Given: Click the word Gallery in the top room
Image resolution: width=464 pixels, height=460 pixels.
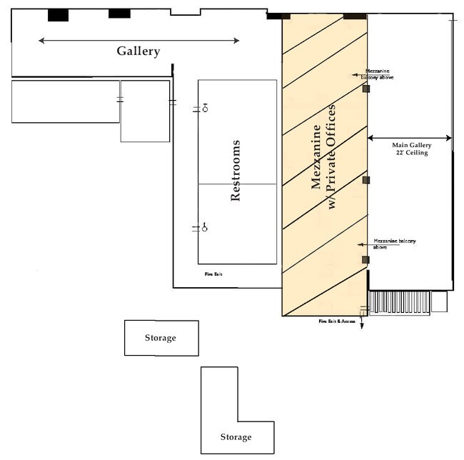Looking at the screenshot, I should (138, 51).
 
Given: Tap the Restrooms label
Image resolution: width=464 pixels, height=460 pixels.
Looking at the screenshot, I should (236, 171).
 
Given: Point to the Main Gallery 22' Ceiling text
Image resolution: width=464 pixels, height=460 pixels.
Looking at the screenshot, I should (410, 149).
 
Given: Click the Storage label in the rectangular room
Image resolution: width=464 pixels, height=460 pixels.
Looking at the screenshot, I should (161, 338).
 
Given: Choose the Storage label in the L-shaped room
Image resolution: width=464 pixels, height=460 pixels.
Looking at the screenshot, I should (236, 436).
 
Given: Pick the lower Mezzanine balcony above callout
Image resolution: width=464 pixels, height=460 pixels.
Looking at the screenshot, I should (390, 244).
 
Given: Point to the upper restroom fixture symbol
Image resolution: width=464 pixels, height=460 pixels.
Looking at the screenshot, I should (205, 109).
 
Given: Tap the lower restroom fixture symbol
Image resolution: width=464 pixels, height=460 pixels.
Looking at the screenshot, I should (204, 228).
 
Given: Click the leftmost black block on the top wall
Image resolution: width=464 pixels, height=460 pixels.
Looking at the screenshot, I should (58, 15).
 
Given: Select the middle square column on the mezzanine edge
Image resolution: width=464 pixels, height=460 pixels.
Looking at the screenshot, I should (366, 180).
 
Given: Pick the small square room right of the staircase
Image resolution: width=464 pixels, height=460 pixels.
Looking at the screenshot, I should (440, 302).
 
